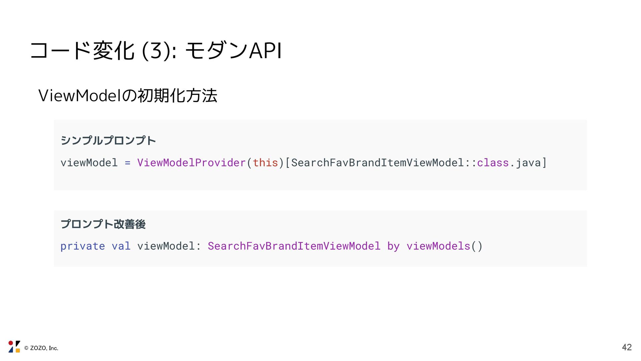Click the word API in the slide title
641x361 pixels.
pyautogui.click(x=265, y=51)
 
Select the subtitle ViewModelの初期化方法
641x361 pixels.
pyautogui.click(x=128, y=96)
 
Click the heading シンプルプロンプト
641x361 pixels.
pyautogui.click(x=108, y=140)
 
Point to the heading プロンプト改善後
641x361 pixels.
pyautogui.click(x=103, y=224)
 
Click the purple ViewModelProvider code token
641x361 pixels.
pyautogui.click(x=191, y=163)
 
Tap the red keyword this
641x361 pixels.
pyautogui.click(x=265, y=163)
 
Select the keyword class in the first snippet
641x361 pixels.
pyautogui.click(x=493, y=163)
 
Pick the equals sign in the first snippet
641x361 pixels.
pyautogui.click(x=128, y=163)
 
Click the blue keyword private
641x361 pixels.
pyautogui.click(x=82, y=246)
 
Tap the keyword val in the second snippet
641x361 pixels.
pyautogui.click(x=121, y=246)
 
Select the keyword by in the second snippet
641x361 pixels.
pyautogui.click(x=393, y=246)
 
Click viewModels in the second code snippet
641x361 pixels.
pyautogui.click(x=438, y=246)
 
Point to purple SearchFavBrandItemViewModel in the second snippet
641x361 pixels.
pyautogui.click(x=294, y=246)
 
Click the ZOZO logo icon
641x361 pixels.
pyautogui.click(x=14, y=347)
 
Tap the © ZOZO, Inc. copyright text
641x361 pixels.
pyautogui.click(x=41, y=348)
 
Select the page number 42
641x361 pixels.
pyautogui.click(x=627, y=347)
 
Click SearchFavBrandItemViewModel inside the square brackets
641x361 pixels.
pyautogui.click(x=377, y=163)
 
